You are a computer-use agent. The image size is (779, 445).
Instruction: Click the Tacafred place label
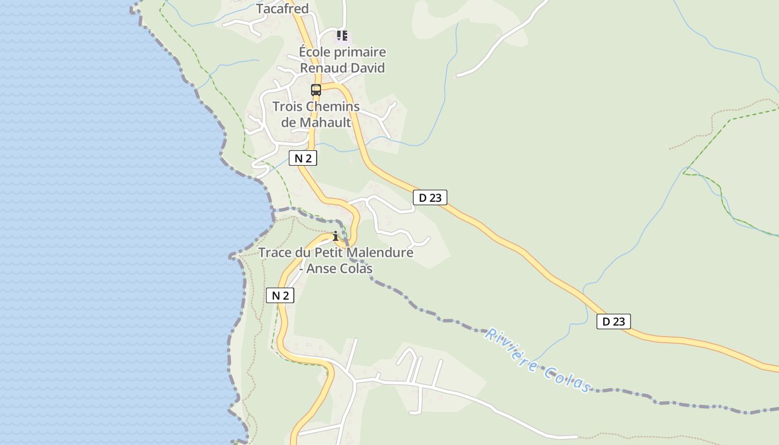(x=282, y=9)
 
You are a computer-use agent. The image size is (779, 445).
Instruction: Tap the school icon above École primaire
(x=342, y=36)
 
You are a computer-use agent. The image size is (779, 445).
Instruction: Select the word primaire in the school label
(x=361, y=52)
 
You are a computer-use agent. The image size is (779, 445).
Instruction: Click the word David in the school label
(x=367, y=68)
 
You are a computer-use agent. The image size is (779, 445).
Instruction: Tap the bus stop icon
(x=316, y=90)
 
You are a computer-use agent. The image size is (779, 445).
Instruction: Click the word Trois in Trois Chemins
(x=288, y=106)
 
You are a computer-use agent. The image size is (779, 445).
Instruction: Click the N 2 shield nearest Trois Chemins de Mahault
(x=303, y=158)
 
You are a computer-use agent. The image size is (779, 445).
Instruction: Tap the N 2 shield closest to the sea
(x=280, y=295)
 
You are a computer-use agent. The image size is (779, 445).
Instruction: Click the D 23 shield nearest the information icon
(x=430, y=197)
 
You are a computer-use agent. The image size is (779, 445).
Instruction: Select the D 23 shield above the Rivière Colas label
(x=614, y=322)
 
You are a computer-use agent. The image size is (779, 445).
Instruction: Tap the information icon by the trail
(x=336, y=236)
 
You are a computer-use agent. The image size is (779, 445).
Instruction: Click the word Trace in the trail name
(x=275, y=253)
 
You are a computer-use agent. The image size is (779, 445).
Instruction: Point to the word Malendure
(x=380, y=253)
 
